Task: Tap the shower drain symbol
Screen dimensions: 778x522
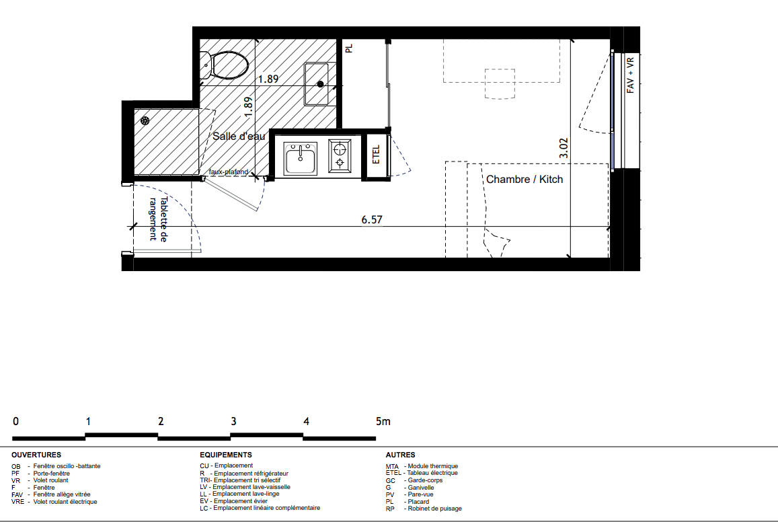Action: pyautogui.click(x=145, y=120)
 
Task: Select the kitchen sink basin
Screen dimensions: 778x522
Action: pyautogui.click(x=300, y=159)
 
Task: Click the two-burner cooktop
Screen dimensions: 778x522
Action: pyautogui.click(x=340, y=156)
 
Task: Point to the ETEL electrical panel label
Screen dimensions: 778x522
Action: pyautogui.click(x=376, y=155)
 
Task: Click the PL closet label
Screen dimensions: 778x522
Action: pyautogui.click(x=349, y=48)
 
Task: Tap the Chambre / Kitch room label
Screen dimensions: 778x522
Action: pyautogui.click(x=524, y=179)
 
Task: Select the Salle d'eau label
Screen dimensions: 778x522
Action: pyautogui.click(x=239, y=136)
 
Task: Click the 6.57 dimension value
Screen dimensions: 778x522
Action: pyautogui.click(x=372, y=219)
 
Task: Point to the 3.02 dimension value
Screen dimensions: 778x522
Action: pyautogui.click(x=563, y=148)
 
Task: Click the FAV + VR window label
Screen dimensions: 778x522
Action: pyautogui.click(x=630, y=75)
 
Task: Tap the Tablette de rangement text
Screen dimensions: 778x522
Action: pyautogui.click(x=158, y=219)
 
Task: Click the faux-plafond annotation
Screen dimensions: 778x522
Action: pyautogui.click(x=228, y=172)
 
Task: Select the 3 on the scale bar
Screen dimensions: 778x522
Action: pyautogui.click(x=233, y=421)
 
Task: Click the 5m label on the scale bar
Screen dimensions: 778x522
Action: pyautogui.click(x=383, y=421)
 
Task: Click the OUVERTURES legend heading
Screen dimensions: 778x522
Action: pyautogui.click(x=36, y=455)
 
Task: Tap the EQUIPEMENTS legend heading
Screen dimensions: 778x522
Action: pyautogui.click(x=226, y=455)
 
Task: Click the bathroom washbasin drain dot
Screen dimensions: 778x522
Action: pyautogui.click(x=321, y=84)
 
